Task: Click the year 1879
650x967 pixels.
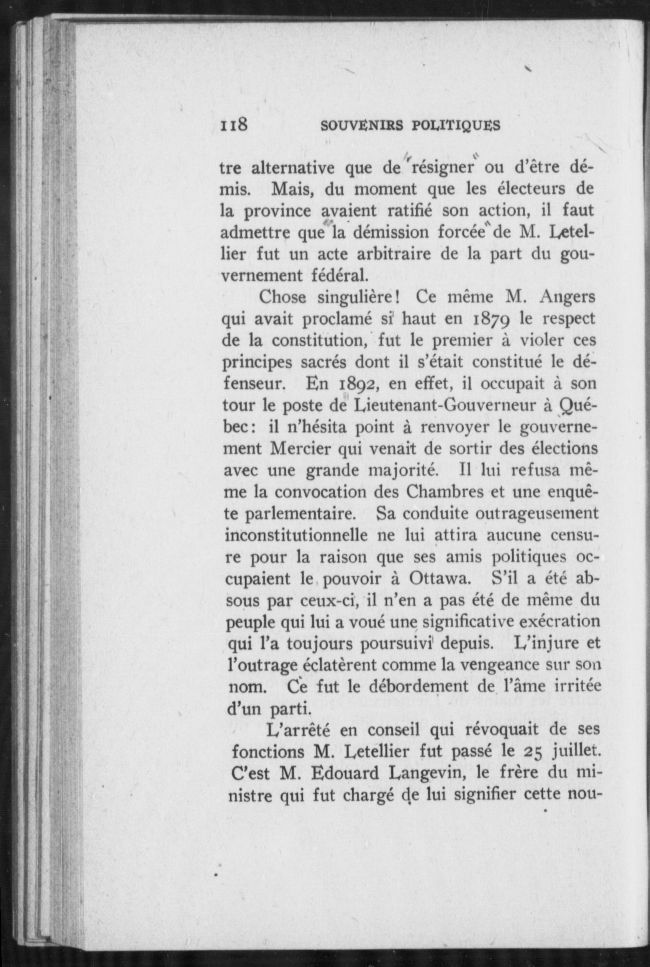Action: tap(489, 319)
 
